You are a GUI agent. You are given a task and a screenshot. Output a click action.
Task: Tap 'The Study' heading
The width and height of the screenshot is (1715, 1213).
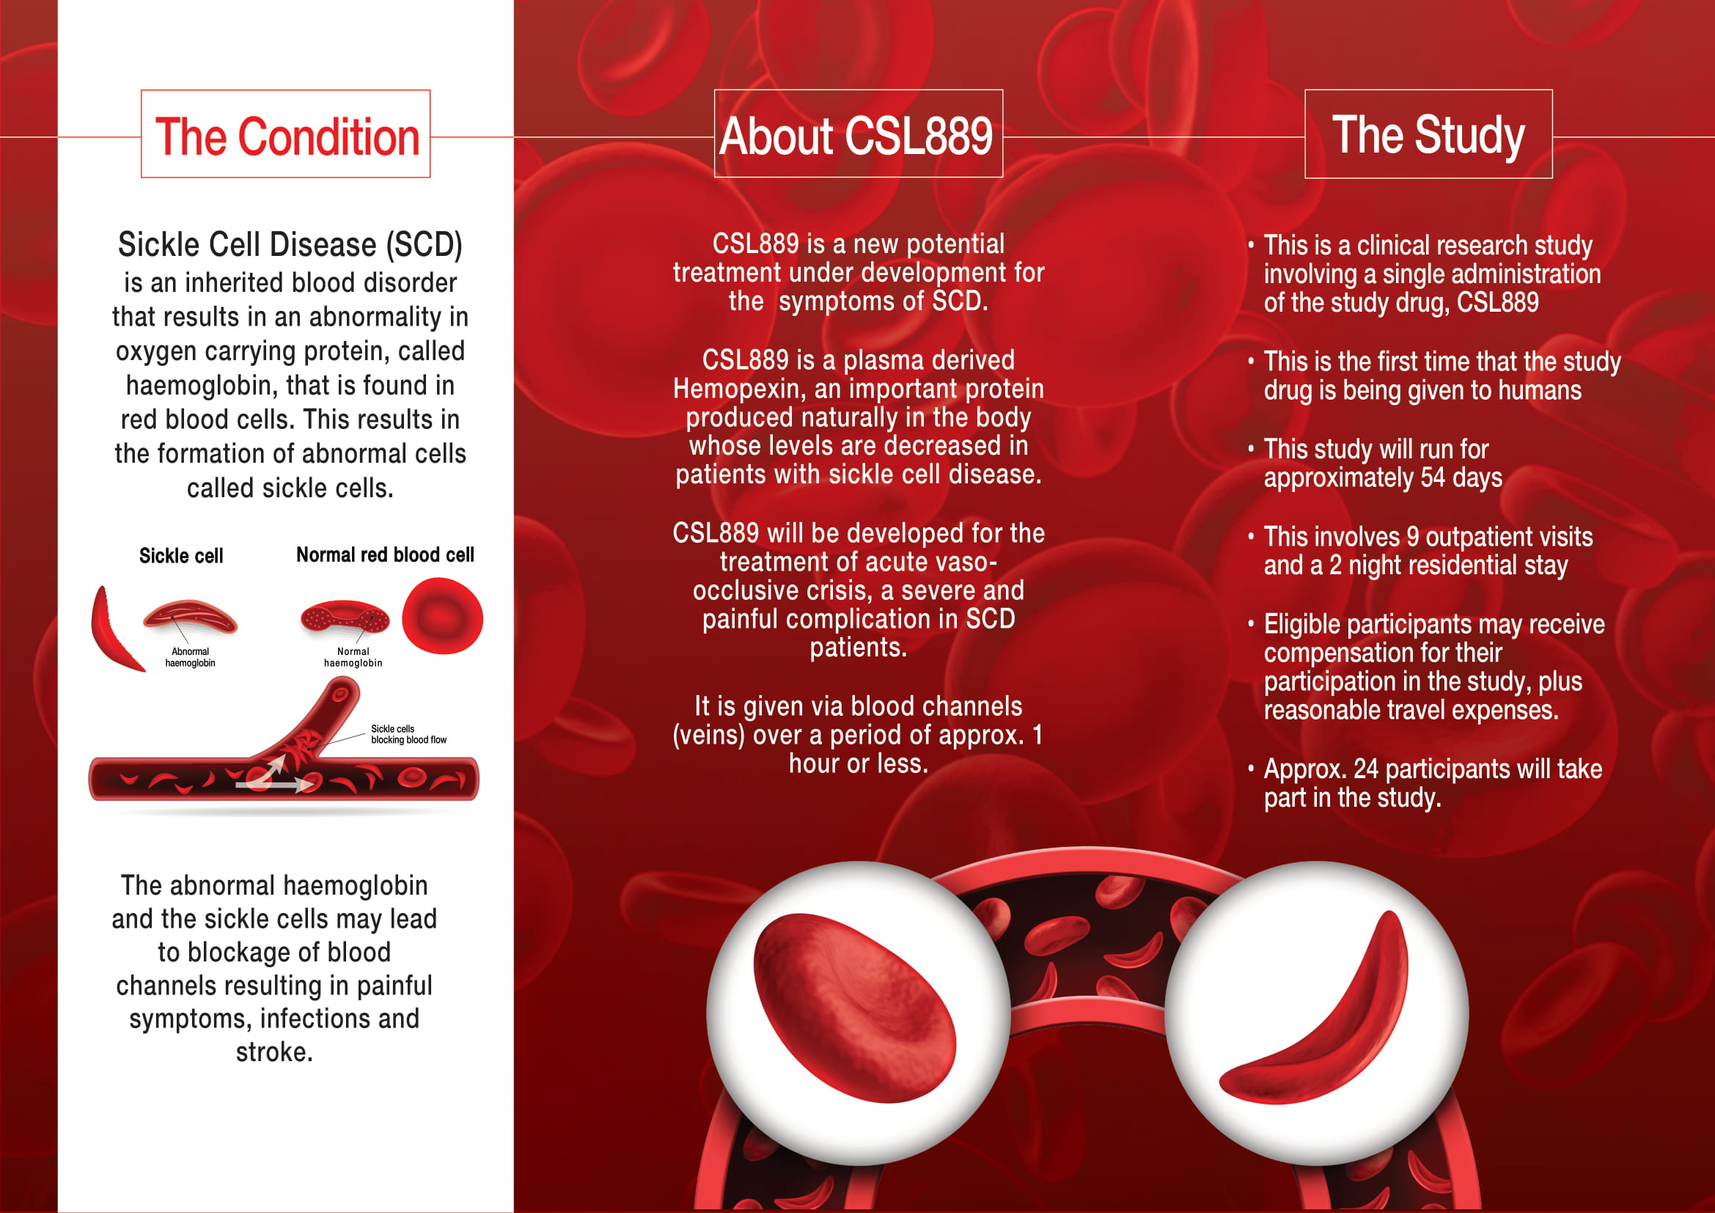tap(1428, 135)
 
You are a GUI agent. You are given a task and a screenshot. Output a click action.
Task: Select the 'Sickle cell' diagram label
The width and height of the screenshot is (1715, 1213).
tap(181, 556)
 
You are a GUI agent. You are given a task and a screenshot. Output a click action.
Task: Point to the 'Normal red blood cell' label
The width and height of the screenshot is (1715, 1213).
tap(385, 555)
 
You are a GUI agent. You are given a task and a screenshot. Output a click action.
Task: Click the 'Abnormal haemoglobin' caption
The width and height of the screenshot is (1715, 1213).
tap(190, 657)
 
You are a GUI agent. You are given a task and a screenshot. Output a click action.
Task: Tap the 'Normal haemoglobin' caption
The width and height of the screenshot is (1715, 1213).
tap(353, 657)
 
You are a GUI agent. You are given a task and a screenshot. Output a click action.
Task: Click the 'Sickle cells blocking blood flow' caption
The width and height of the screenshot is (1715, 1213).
tap(408, 734)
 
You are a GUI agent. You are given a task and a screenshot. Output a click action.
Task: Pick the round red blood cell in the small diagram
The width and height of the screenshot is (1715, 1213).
tap(442, 616)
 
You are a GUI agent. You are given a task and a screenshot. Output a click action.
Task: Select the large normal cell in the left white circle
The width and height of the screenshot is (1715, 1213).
tap(854, 1008)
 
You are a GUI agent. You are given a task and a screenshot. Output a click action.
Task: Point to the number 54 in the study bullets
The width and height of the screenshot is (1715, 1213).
tap(1433, 478)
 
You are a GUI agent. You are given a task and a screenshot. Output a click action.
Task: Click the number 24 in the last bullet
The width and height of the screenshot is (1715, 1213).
tap(1365, 769)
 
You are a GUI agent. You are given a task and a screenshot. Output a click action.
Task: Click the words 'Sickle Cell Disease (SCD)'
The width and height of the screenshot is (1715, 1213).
tap(290, 245)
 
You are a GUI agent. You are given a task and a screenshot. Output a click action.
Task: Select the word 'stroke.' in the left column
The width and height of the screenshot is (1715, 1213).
tap(274, 1052)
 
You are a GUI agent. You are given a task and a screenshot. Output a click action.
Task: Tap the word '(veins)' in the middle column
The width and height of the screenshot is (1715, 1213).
tap(708, 736)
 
